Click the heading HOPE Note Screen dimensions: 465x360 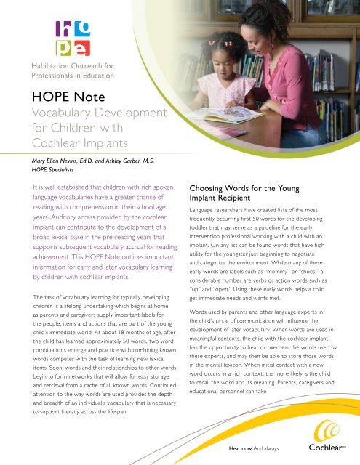coord(59,100)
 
